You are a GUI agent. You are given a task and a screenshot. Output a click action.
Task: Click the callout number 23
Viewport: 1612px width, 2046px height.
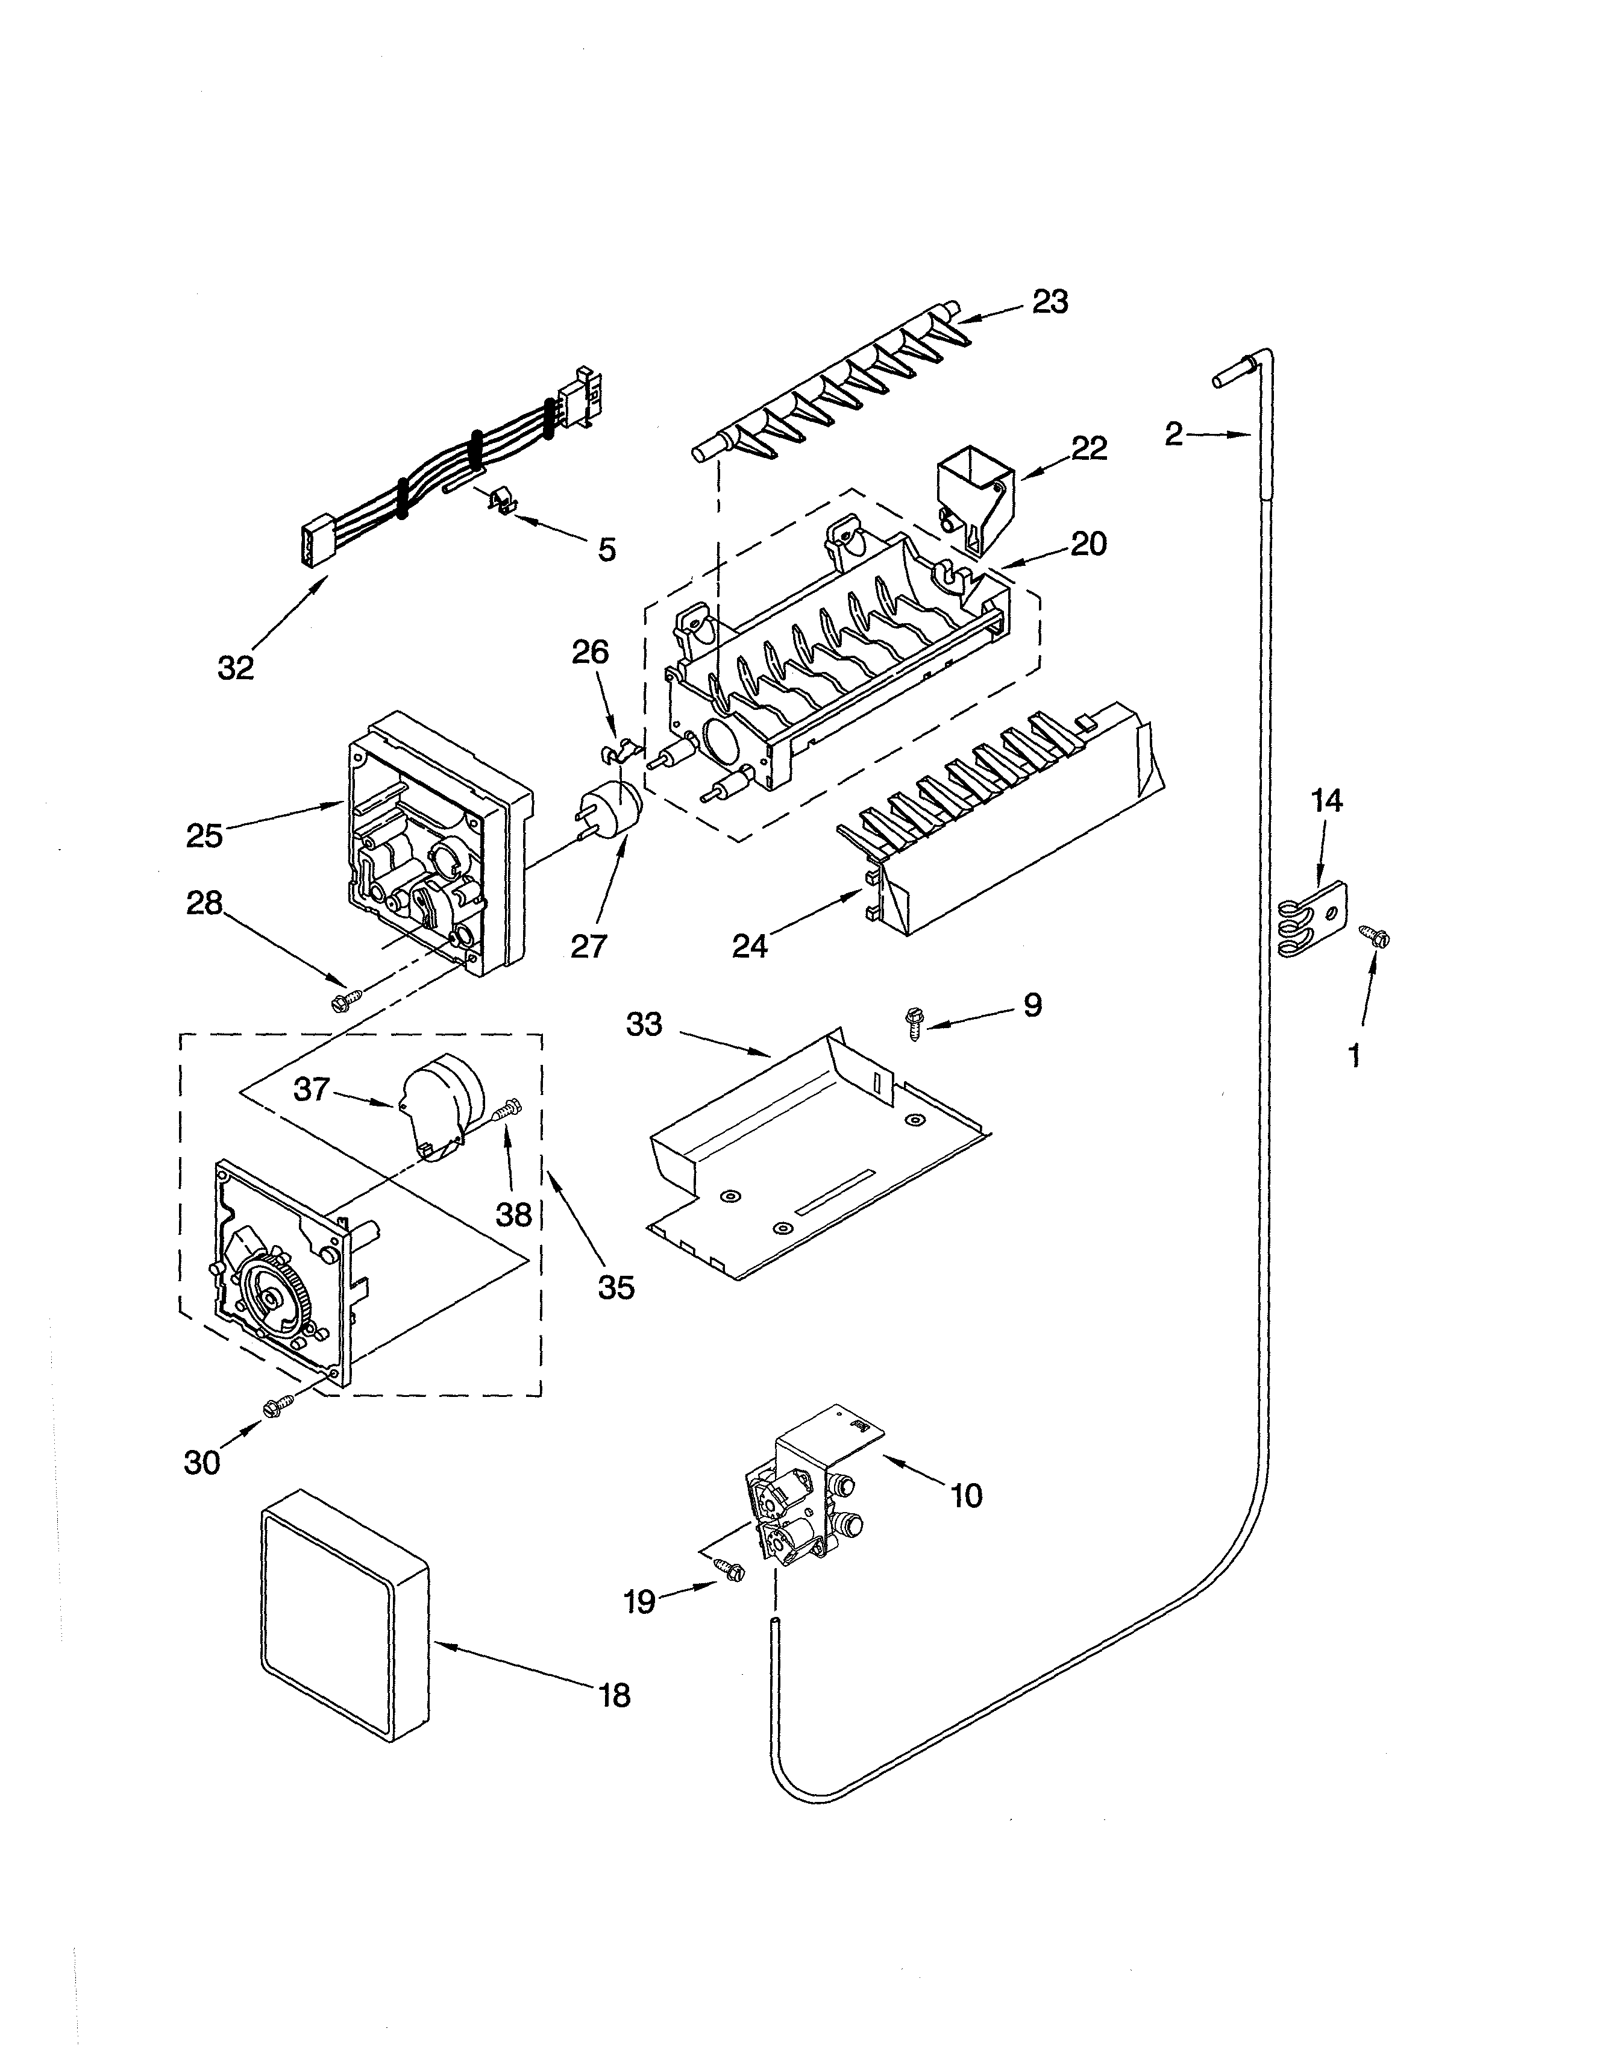pyautogui.click(x=1050, y=302)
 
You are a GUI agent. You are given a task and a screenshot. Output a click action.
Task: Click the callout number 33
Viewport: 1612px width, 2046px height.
pyautogui.click(x=645, y=1024)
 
